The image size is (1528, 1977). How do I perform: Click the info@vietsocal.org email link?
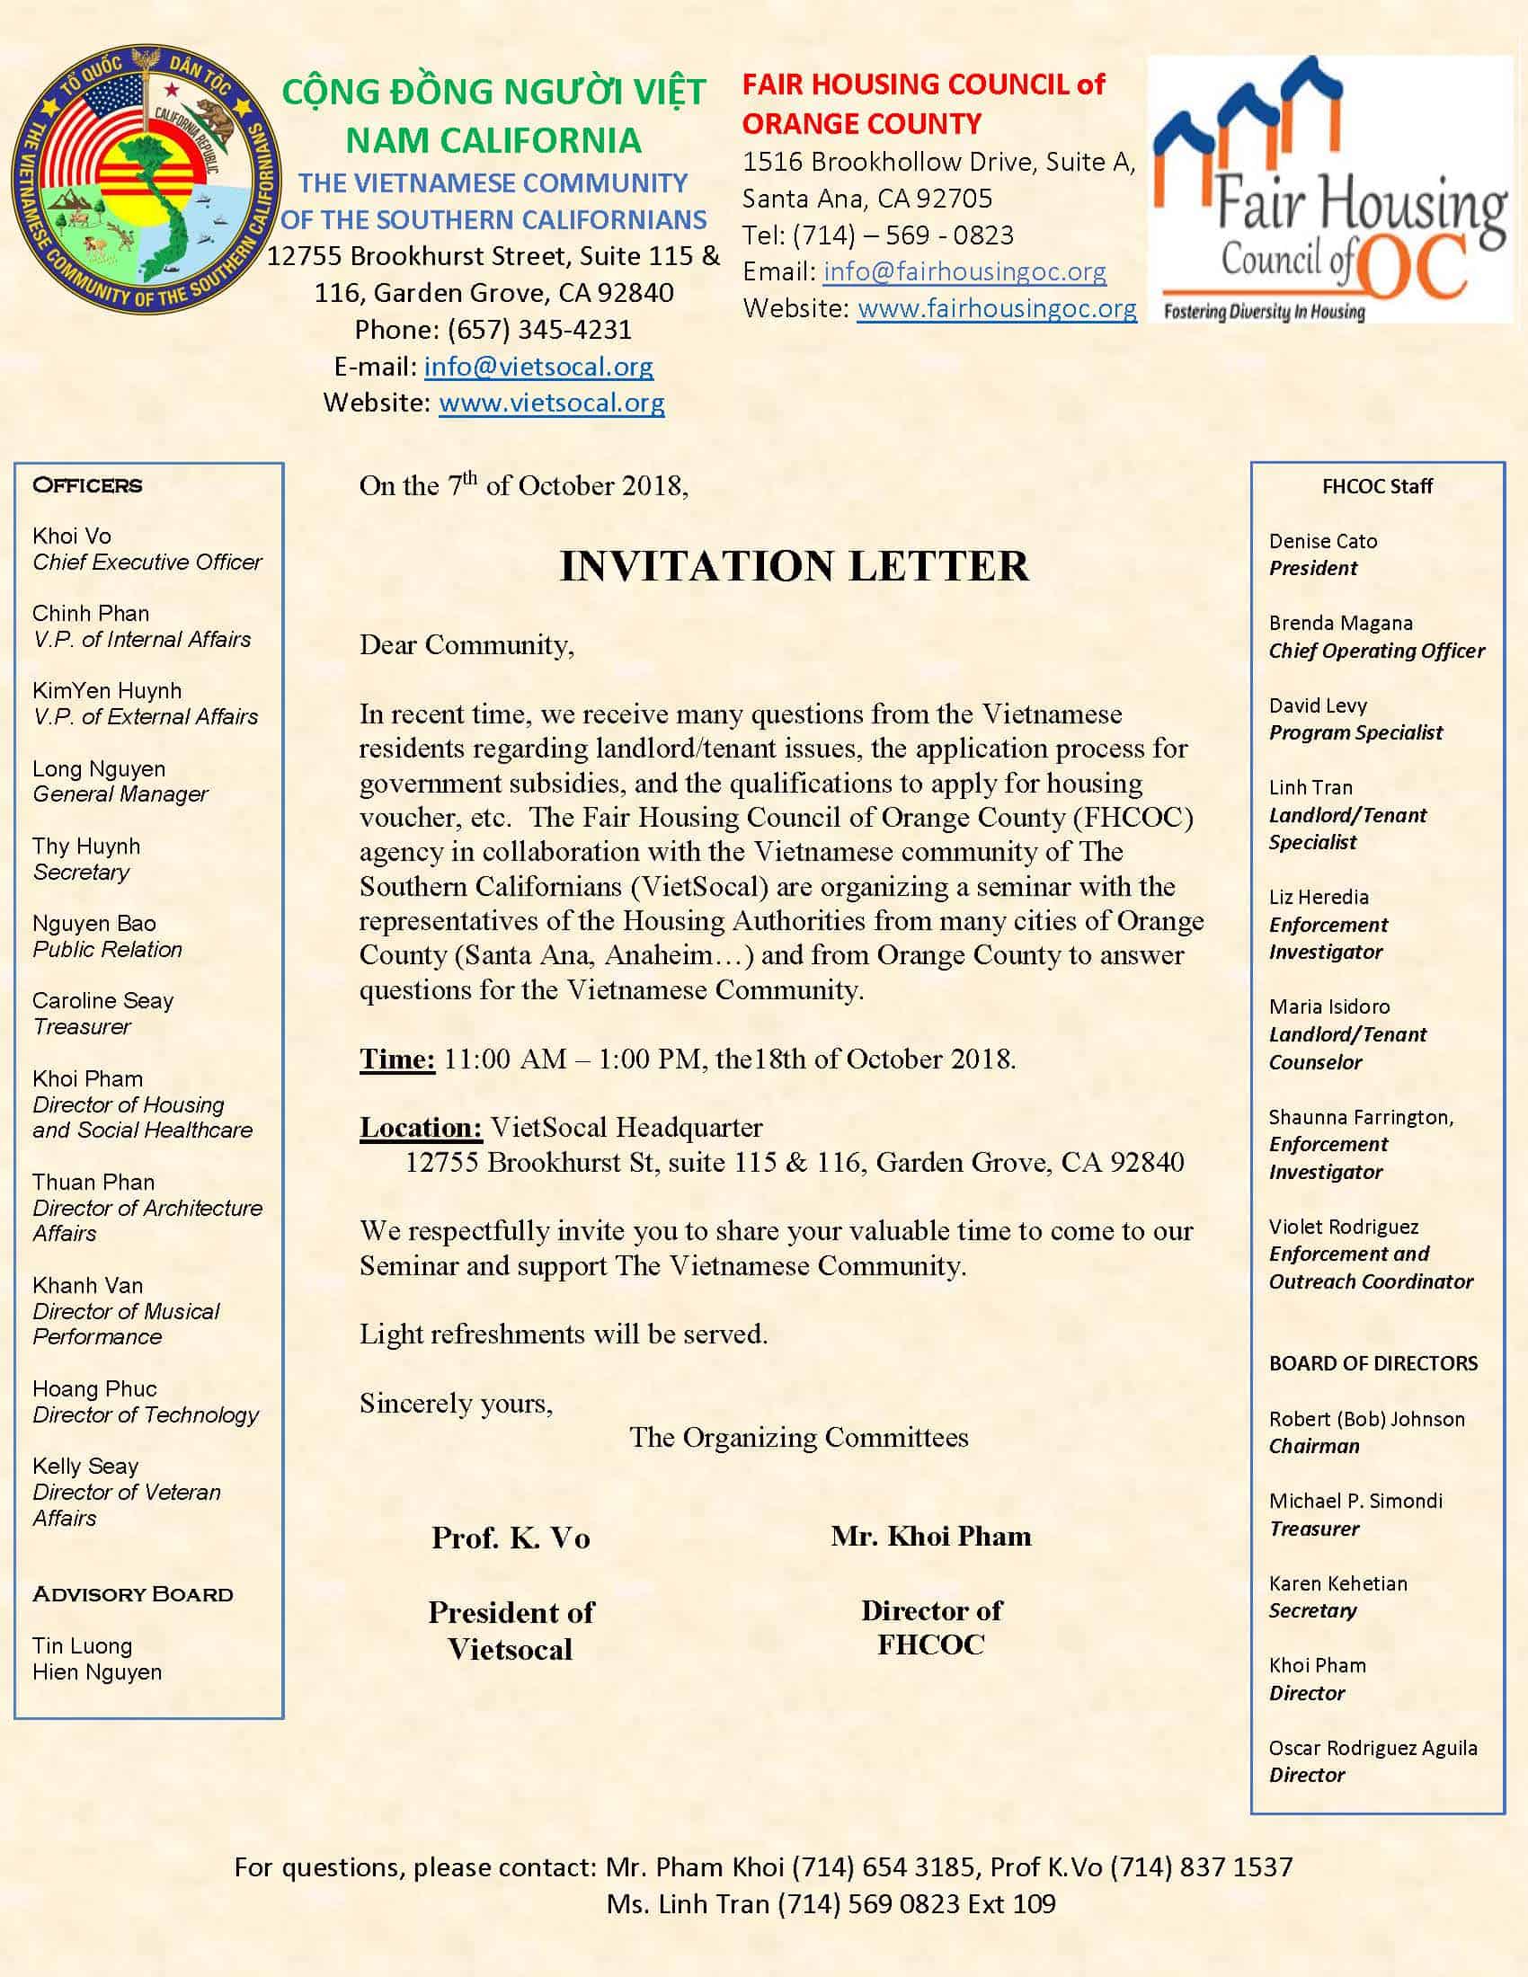pyautogui.click(x=538, y=367)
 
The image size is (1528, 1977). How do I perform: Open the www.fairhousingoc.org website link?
pyautogui.click(x=997, y=308)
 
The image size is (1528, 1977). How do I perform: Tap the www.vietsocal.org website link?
pyautogui.click(x=551, y=403)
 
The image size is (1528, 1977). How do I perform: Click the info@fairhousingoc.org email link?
pyautogui.click(x=964, y=271)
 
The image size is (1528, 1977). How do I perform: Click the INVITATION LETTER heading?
pyautogui.click(x=794, y=567)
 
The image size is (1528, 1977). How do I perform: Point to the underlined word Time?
pyautogui.click(x=397, y=1059)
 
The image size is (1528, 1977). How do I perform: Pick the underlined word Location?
pyautogui.click(x=421, y=1128)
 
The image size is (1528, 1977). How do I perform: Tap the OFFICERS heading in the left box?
pyautogui.click(x=87, y=485)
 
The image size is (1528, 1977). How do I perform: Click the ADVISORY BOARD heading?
pyautogui.click(x=132, y=1594)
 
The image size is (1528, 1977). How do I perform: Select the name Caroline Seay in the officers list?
pyautogui.click(x=102, y=1001)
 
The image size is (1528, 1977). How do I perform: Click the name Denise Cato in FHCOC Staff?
pyautogui.click(x=1322, y=541)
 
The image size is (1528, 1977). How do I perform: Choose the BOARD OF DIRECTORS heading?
pyautogui.click(x=1373, y=1363)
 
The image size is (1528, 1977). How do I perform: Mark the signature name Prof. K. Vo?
pyautogui.click(x=511, y=1538)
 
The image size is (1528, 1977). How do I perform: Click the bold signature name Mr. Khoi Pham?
pyautogui.click(x=930, y=1536)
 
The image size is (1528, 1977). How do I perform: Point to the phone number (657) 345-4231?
pyautogui.click(x=538, y=330)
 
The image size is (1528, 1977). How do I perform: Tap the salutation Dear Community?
pyautogui.click(x=466, y=645)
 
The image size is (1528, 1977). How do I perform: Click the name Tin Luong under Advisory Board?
pyautogui.click(x=82, y=1646)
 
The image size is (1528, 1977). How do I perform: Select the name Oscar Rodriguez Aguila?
pyautogui.click(x=1373, y=1748)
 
